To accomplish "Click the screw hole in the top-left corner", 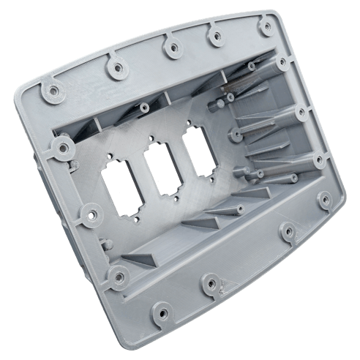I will tap(53, 92).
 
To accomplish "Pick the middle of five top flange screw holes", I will tap(169, 49).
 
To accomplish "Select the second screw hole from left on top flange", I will tap(114, 68).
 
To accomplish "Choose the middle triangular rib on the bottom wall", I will tap(201, 220).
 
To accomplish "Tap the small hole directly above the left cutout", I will tap(111, 154).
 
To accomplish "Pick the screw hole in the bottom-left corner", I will tap(116, 277).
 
